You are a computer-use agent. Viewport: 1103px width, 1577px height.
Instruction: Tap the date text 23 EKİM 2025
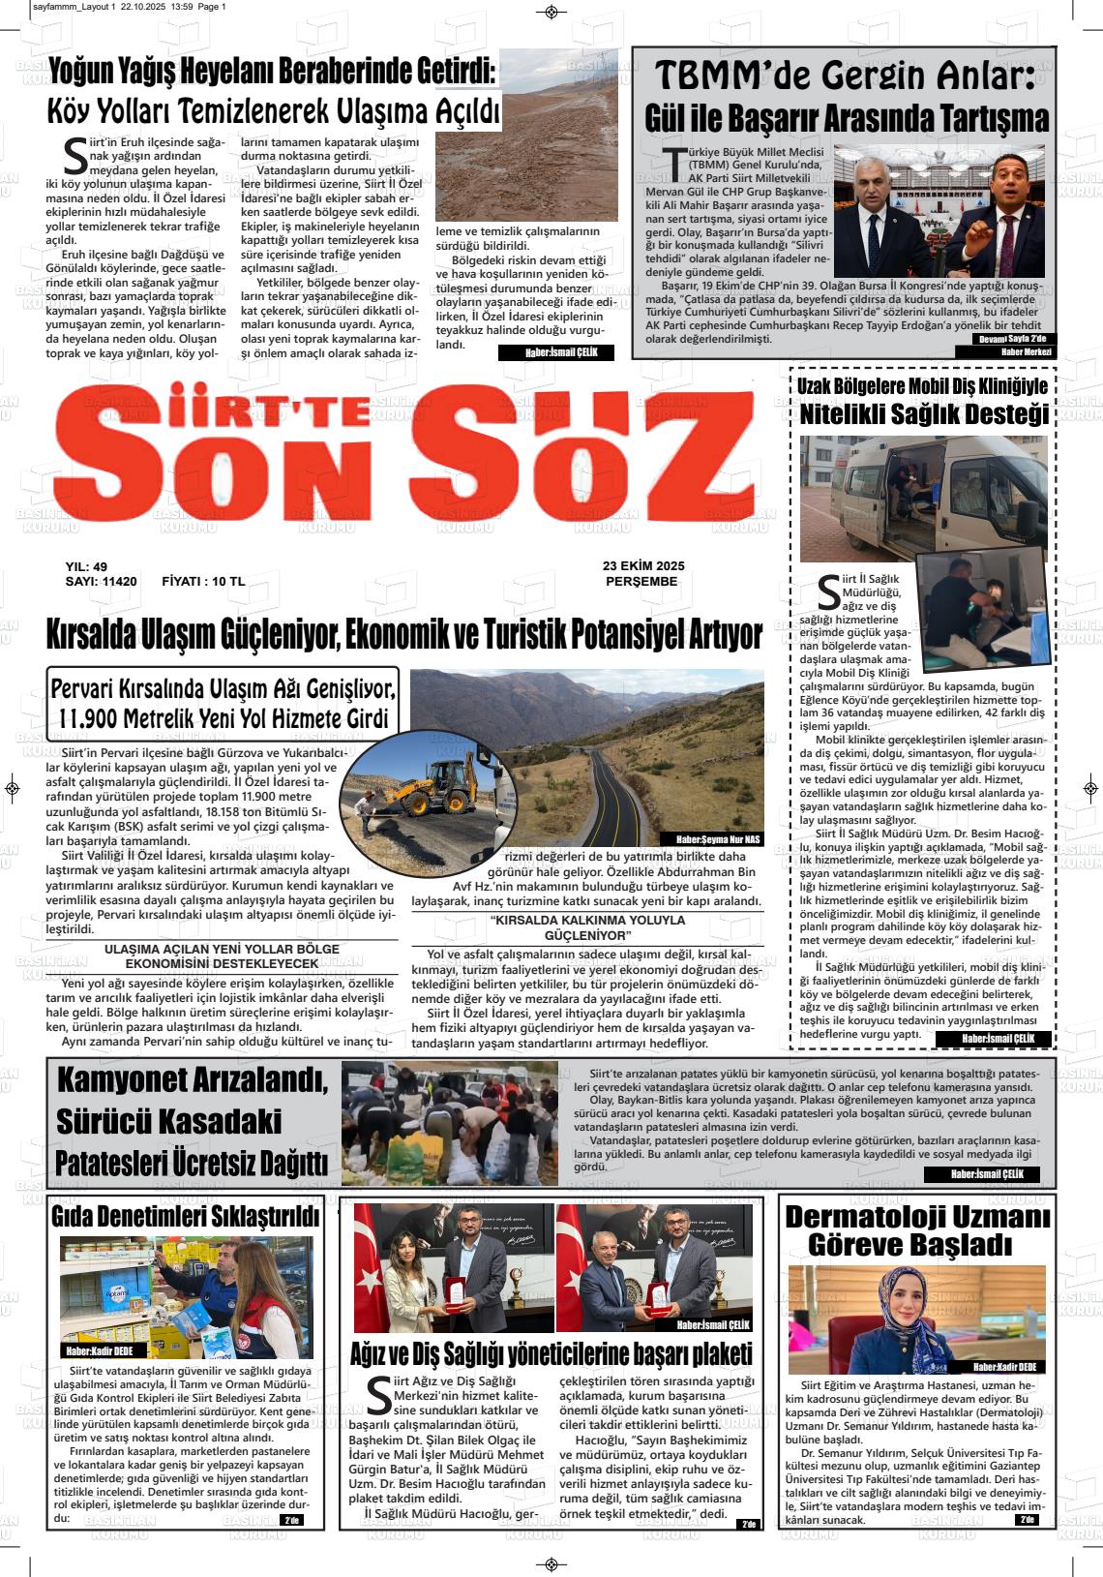(x=642, y=566)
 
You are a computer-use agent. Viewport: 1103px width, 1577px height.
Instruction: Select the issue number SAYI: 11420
(x=101, y=582)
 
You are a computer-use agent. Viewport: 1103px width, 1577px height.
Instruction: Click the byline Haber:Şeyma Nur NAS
(x=711, y=839)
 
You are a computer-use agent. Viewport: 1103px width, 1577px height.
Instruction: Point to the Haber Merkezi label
(x=1026, y=351)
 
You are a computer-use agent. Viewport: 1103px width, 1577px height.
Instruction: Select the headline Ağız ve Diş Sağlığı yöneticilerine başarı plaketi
(x=551, y=1352)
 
